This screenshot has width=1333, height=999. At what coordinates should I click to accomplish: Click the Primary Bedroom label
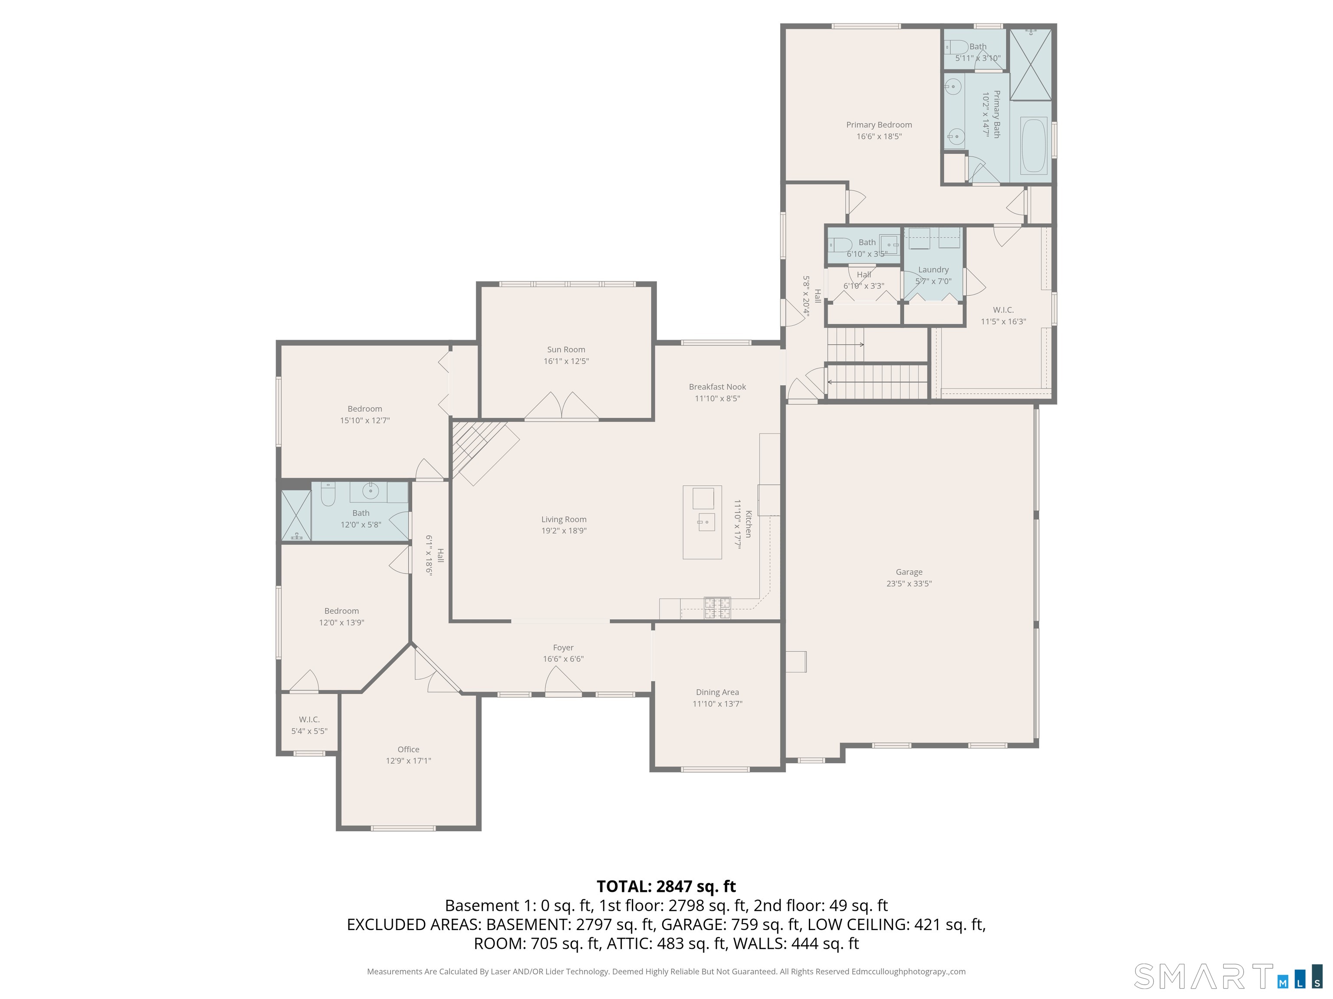(x=879, y=124)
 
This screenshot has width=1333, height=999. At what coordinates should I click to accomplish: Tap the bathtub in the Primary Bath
(x=1034, y=146)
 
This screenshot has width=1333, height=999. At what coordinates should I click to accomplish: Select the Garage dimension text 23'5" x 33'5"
(x=909, y=584)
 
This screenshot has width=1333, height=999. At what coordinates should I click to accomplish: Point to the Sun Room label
(x=566, y=349)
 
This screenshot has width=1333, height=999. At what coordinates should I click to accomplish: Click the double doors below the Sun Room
(x=561, y=407)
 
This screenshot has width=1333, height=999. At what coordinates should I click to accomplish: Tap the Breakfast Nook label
(x=717, y=387)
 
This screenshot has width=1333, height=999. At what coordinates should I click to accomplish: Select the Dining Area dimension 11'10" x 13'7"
(x=717, y=703)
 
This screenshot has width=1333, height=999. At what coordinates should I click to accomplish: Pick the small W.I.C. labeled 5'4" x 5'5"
(x=309, y=725)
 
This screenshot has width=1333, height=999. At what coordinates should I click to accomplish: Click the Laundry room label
(x=933, y=270)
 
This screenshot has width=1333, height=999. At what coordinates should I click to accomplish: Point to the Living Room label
(x=564, y=519)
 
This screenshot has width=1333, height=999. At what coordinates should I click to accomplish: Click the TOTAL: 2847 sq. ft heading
(x=666, y=886)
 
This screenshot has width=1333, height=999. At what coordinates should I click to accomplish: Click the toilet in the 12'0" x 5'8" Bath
(x=328, y=495)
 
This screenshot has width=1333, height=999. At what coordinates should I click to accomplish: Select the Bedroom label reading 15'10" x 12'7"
(x=364, y=414)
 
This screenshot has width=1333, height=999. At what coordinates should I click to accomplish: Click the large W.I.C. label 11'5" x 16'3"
(x=1003, y=316)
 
